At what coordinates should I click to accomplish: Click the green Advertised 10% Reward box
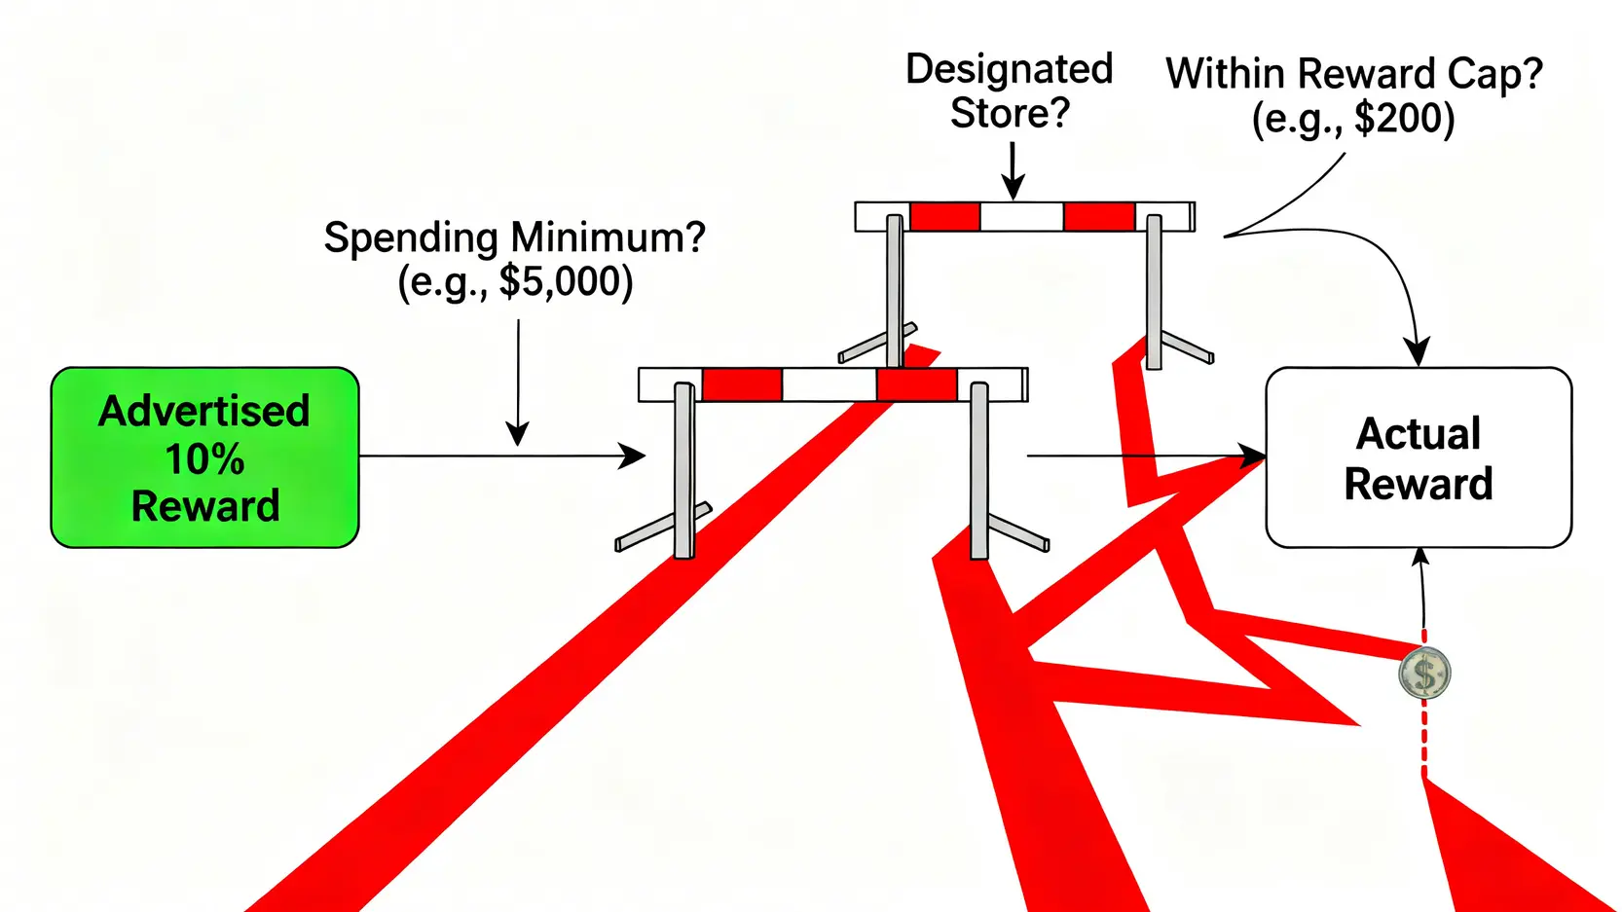[204, 457]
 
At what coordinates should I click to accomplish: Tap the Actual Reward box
[1418, 457]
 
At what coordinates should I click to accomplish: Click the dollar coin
[1424, 674]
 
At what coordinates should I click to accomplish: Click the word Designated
[1009, 69]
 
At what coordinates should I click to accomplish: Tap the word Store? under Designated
[1010, 114]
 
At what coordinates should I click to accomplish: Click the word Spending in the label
[412, 237]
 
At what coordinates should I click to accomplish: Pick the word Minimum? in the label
[608, 237]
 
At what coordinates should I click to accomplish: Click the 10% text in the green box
[204, 459]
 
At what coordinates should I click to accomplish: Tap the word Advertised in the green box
[204, 412]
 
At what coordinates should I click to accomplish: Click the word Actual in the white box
[1418, 434]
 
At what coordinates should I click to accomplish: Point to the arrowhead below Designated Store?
[1014, 189]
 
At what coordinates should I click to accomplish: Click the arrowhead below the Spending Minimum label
[518, 434]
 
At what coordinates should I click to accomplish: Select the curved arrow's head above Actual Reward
[1416, 352]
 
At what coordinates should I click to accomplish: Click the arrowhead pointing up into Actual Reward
[1420, 557]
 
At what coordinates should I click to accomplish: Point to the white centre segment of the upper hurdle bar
[1021, 216]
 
